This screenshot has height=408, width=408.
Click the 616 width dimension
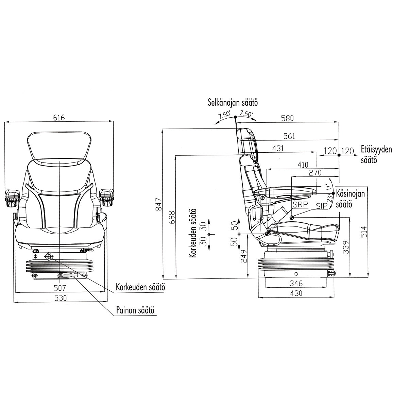pos(59,118)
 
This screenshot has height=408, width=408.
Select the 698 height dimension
pos(172,217)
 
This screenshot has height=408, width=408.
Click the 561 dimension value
pos(289,136)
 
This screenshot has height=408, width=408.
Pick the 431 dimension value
pos(278,149)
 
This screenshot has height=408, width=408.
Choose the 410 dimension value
pos(303,165)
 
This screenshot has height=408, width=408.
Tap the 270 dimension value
pos(315,173)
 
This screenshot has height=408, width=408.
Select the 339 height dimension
pos(345,248)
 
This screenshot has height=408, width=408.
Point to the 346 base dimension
pos(295,283)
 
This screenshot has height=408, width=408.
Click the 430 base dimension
pos(295,293)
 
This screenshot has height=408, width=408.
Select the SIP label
pos(321,206)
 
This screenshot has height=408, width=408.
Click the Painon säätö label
pos(135,310)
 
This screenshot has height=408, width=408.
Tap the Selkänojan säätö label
pos(234,102)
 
